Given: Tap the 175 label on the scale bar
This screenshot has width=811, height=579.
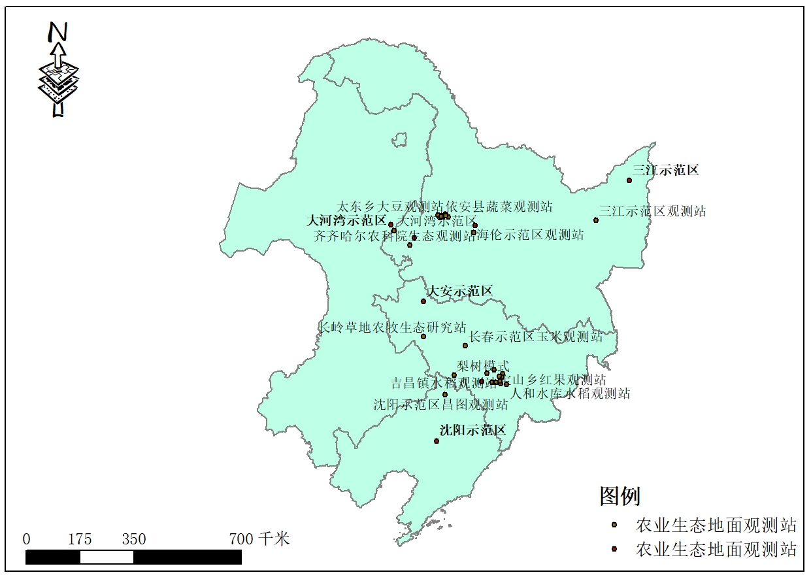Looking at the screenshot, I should click(80, 540).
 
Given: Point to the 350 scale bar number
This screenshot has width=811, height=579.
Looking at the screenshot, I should click(133, 540).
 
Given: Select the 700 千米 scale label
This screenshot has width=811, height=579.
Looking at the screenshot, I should click(259, 540).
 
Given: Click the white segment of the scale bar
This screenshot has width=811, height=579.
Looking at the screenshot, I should click(107, 557).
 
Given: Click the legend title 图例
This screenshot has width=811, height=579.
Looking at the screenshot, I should click(620, 496).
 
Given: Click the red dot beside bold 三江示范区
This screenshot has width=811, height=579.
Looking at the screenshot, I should click(629, 180).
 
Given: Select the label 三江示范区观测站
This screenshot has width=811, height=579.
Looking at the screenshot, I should click(653, 212).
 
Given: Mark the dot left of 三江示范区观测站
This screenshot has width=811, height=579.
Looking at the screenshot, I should click(596, 220).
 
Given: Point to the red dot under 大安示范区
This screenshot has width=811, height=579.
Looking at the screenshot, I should click(423, 301).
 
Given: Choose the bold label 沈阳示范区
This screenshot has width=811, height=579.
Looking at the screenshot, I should click(472, 431).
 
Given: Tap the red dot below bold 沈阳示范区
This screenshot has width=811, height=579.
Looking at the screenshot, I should click(437, 441).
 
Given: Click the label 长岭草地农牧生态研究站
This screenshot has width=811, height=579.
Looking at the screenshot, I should click(392, 327).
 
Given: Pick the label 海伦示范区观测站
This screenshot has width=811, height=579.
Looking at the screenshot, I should click(530, 235).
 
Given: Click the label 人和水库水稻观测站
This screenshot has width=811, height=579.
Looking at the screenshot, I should click(570, 393).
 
